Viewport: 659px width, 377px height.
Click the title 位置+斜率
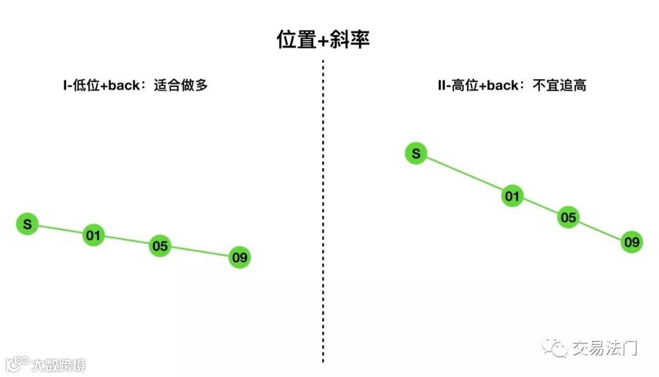coord(323,40)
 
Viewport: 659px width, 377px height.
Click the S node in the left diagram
coord(27,224)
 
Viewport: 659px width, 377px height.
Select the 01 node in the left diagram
coord(94,235)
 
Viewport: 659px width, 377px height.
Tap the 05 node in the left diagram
coord(160,246)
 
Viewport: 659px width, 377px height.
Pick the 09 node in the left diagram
coord(240,257)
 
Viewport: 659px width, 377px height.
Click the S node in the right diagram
coord(416,154)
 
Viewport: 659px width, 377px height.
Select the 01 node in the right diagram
coord(513,196)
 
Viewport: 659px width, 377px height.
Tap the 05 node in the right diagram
coord(568,217)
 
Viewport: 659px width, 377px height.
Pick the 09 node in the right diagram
coord(632,242)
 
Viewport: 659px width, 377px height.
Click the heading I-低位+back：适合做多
coord(135,85)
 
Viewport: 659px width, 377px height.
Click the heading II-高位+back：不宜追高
coord(512,85)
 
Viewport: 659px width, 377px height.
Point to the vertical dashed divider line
coord(323,214)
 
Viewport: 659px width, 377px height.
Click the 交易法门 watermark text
coord(604,348)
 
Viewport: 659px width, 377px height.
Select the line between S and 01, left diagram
coord(60,230)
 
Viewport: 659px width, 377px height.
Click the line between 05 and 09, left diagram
coord(200,252)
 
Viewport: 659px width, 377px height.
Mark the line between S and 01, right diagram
coord(464,175)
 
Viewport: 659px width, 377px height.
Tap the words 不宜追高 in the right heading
coord(560,85)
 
